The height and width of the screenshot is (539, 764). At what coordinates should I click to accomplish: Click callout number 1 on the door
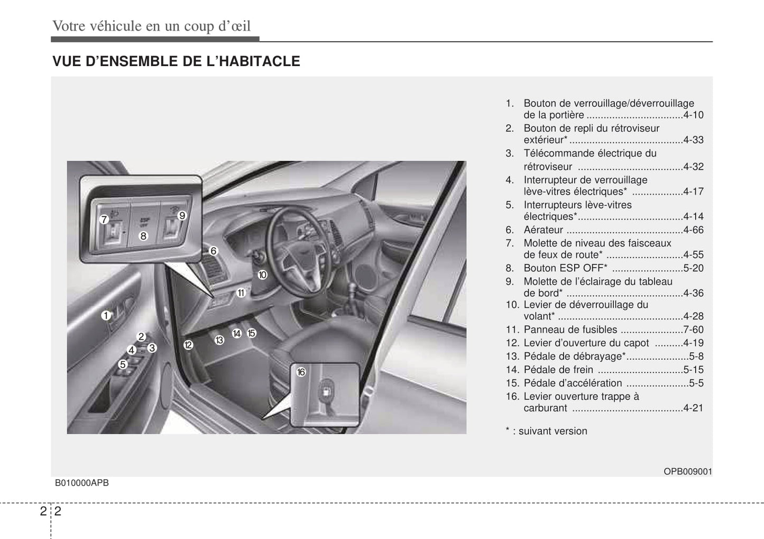[106, 316]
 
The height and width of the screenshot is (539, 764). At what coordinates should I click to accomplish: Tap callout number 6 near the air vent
[214, 251]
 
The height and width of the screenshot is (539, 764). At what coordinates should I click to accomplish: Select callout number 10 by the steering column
[262, 275]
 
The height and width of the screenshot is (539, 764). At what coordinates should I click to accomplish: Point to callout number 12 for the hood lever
[188, 345]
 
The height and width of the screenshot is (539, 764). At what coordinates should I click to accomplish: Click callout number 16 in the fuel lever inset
[301, 372]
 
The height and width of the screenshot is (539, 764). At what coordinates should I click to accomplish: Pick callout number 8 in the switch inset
[143, 236]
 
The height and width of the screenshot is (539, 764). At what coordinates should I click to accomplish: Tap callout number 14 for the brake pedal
[237, 333]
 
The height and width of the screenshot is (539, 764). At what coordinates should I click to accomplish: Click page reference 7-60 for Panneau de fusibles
[693, 330]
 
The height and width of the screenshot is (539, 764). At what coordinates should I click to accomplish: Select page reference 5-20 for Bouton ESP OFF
[693, 268]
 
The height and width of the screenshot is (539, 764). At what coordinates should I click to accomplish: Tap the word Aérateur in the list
[543, 230]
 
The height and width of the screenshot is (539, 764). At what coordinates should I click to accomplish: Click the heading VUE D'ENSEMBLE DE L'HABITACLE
[176, 61]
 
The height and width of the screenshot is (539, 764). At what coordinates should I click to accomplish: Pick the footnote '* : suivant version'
[546, 431]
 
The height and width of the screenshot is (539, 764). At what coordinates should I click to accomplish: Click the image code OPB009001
[688, 471]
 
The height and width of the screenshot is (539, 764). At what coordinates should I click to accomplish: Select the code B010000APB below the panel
[82, 482]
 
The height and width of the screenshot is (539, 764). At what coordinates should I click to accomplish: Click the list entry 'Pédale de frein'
[558, 370]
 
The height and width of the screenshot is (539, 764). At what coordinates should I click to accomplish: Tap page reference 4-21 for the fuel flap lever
[693, 408]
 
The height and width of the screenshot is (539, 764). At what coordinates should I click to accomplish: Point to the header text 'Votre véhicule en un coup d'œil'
[151, 26]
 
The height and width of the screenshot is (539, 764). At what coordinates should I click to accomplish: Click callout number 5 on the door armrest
[123, 364]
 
